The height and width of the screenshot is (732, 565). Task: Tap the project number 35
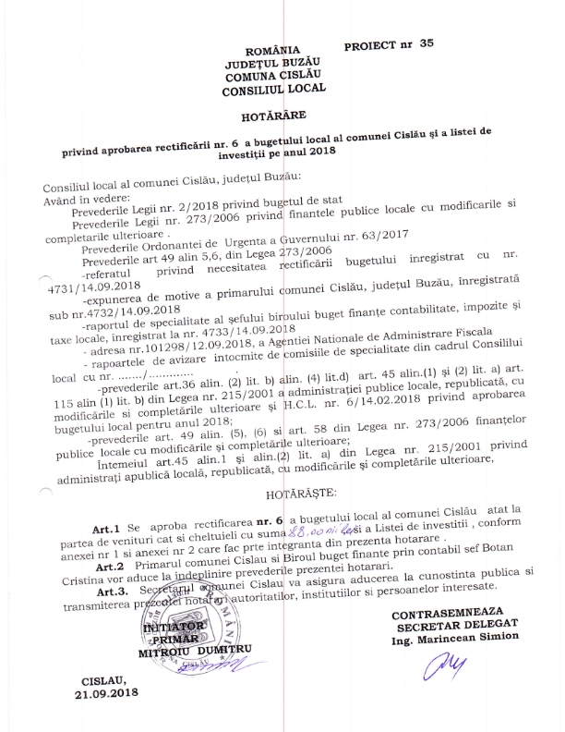tap(425, 43)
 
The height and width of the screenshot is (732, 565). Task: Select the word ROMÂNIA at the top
tap(274, 50)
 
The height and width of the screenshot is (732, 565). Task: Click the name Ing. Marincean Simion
tap(453, 639)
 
